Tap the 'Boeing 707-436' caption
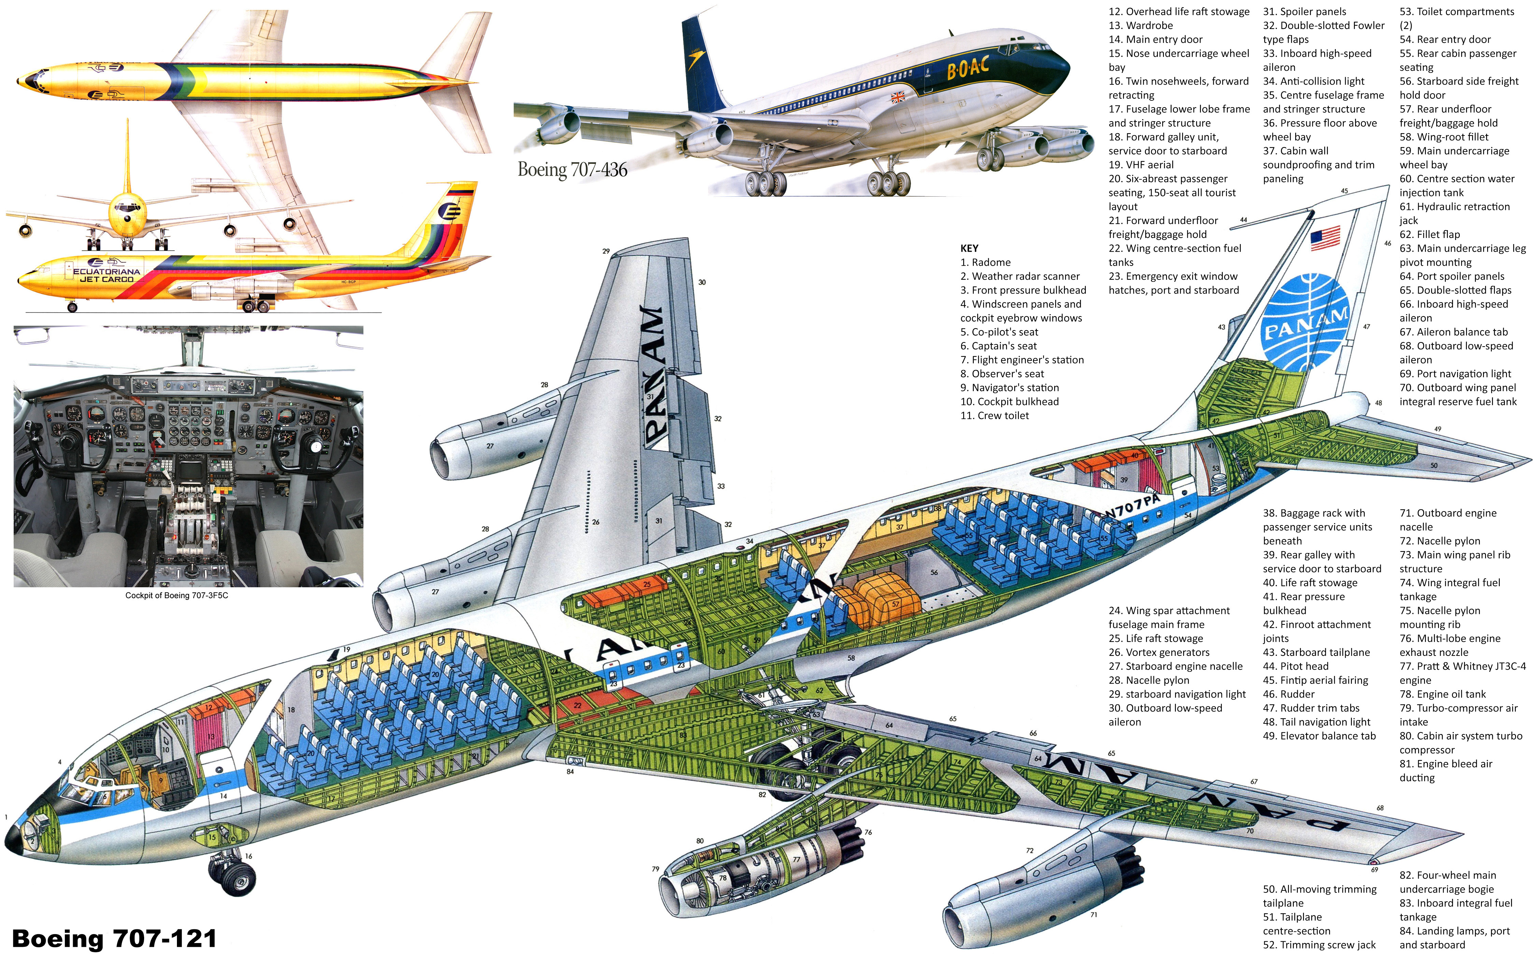pos(572,169)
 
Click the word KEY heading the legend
pos(969,249)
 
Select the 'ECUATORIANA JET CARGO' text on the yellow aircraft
pos(106,275)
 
